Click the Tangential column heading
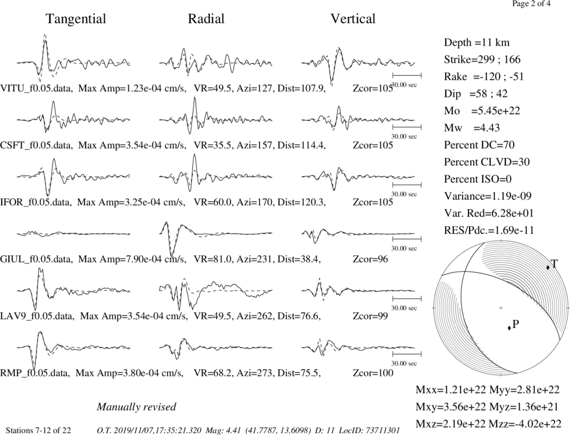click(x=76, y=19)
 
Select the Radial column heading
click(x=206, y=19)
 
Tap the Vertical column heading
click(x=353, y=19)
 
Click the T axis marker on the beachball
click(x=548, y=267)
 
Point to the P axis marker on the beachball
click(x=509, y=328)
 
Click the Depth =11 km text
click(x=477, y=43)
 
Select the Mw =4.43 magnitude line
click(x=471, y=128)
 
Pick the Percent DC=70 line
click(x=479, y=145)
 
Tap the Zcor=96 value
click(x=370, y=259)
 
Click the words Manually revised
click(x=136, y=406)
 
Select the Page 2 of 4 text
click(x=531, y=4)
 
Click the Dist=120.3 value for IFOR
click(x=301, y=202)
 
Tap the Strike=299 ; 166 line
click(x=482, y=60)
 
